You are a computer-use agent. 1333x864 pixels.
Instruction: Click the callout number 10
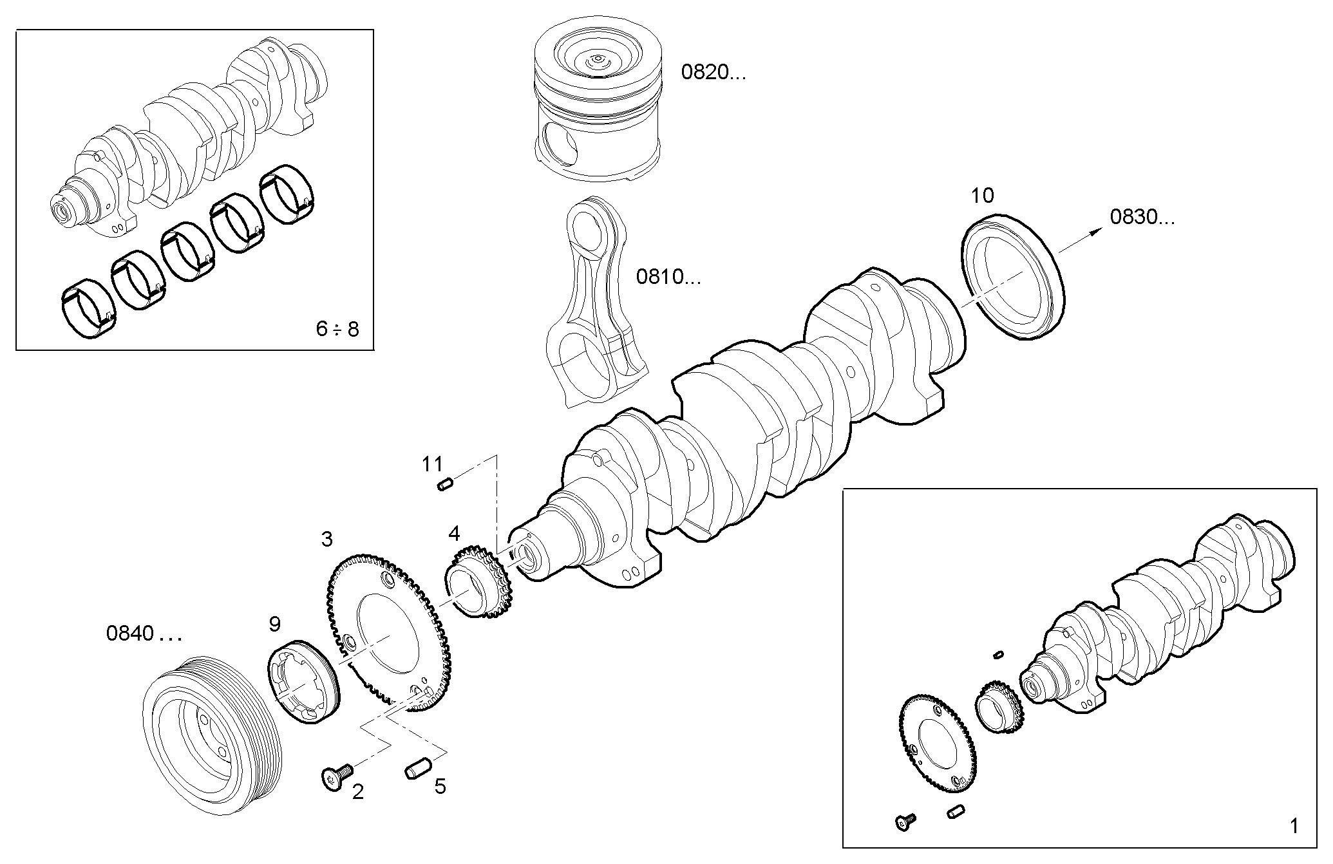[982, 196]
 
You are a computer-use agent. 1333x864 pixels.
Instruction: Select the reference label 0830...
[1141, 218]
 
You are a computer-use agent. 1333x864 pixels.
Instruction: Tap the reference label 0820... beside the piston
[713, 73]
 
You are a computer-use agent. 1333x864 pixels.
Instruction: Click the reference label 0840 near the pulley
[143, 634]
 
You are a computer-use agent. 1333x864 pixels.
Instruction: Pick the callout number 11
[433, 464]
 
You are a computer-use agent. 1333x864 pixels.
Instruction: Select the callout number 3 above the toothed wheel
[327, 540]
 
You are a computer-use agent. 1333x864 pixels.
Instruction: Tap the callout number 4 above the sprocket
[454, 534]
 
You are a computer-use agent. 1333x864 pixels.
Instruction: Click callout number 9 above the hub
[275, 623]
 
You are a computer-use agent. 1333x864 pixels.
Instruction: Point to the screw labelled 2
[336, 776]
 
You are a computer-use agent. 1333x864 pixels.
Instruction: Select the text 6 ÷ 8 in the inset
[337, 330]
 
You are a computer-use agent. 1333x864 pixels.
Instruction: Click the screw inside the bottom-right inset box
[903, 822]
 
